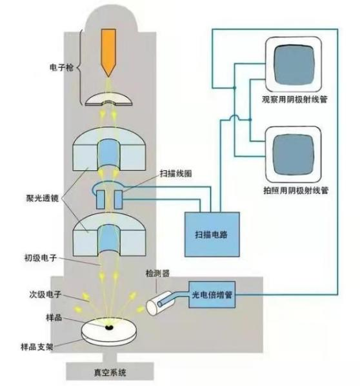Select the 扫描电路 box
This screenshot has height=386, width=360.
pyautogui.click(x=212, y=235)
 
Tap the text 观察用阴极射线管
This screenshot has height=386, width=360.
pyautogui.click(x=294, y=102)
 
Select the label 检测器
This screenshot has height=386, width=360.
pyautogui.click(x=159, y=273)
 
